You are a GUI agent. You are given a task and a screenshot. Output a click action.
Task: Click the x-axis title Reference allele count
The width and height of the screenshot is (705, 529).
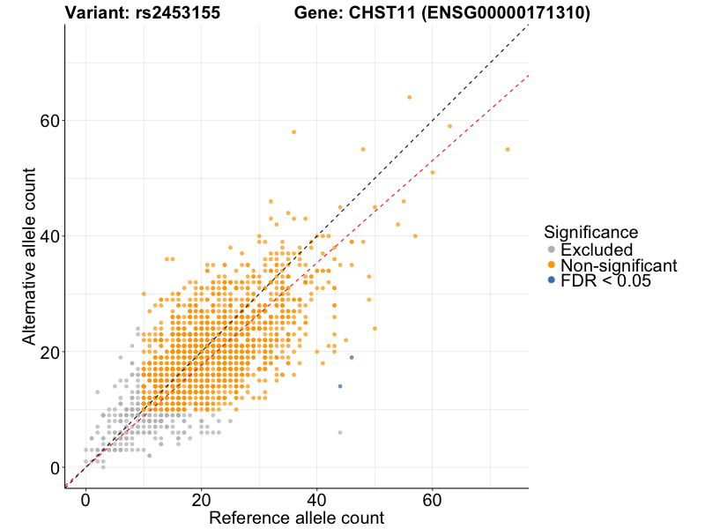296,518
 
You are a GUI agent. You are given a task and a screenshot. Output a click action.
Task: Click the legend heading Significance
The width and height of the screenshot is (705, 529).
590,232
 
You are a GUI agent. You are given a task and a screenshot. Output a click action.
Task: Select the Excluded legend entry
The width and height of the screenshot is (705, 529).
597,250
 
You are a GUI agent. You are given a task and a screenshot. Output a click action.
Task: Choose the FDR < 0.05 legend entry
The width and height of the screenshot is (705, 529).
605,281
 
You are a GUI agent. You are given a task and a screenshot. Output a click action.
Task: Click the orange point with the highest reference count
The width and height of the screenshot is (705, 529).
508,150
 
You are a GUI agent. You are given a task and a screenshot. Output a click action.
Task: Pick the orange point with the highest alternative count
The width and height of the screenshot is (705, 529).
409,97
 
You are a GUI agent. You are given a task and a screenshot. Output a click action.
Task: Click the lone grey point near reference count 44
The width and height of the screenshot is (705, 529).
340,432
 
